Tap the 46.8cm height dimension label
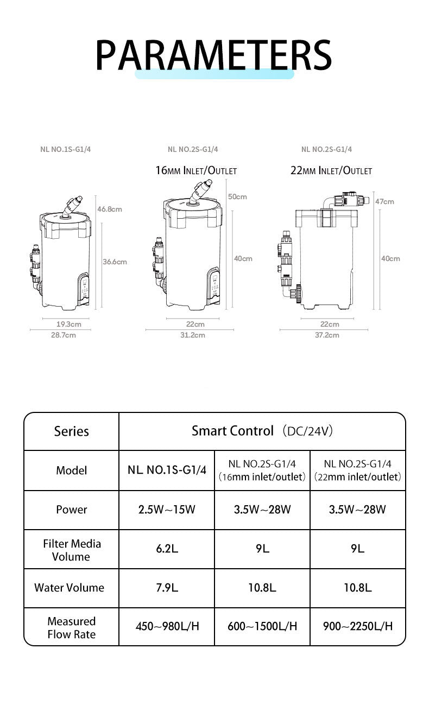point(110,209)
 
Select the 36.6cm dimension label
point(115,262)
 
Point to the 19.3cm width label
point(69,324)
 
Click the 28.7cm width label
point(64,335)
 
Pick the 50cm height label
point(237,196)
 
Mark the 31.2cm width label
point(193,335)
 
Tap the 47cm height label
point(384,201)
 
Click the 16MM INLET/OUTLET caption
point(196,170)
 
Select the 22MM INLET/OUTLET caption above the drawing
point(331,170)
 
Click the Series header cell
point(71,431)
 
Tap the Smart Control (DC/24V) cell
point(262,431)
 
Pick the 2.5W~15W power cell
point(167,510)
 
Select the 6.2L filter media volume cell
point(167,549)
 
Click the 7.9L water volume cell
point(167,588)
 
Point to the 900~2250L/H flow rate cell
point(357,626)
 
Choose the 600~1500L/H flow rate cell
point(262,626)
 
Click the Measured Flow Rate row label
point(71,627)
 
